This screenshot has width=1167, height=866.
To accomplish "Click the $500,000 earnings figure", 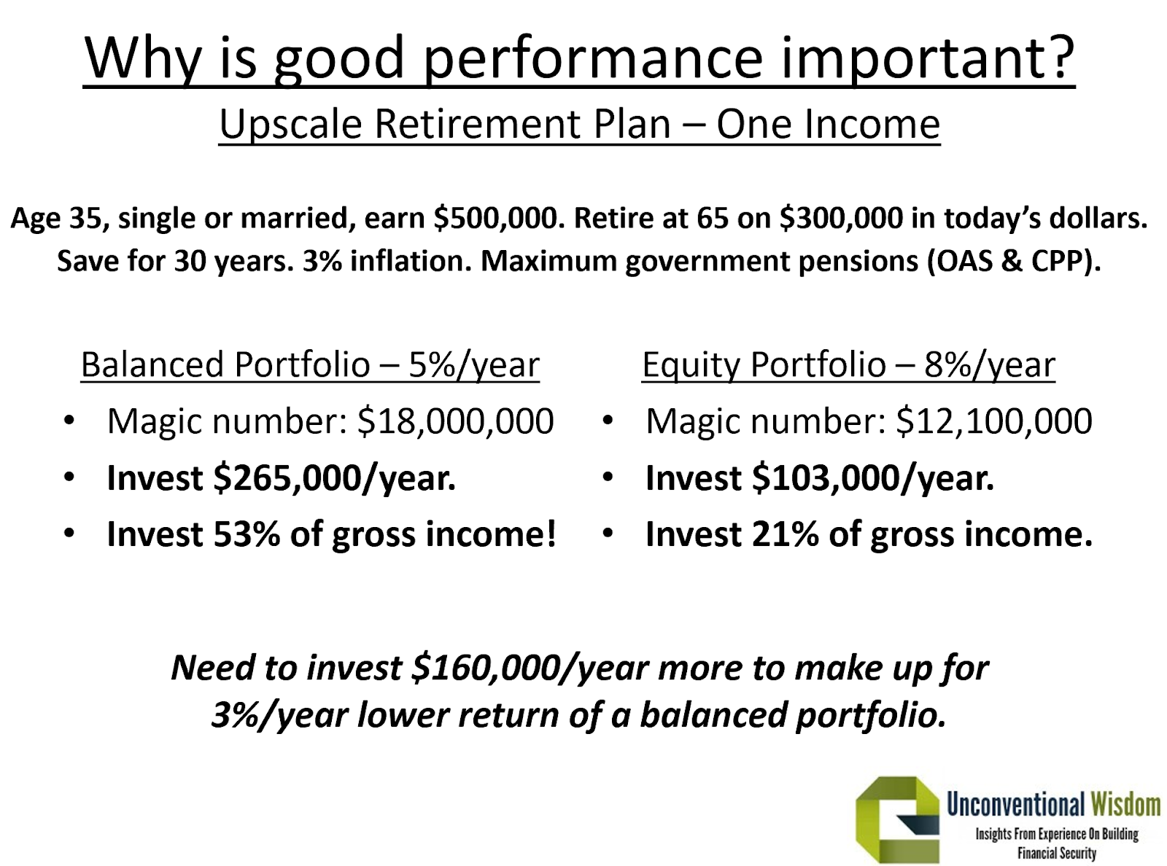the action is point(496,218).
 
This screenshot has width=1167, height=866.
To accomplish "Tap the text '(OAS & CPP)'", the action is point(1014,261).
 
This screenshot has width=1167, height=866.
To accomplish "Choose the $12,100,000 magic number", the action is point(994,421).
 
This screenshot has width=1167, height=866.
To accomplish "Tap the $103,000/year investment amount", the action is point(873,478).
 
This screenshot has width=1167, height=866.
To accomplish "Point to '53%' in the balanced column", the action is point(247,534).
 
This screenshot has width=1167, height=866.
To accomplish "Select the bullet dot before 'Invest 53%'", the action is point(69,533).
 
